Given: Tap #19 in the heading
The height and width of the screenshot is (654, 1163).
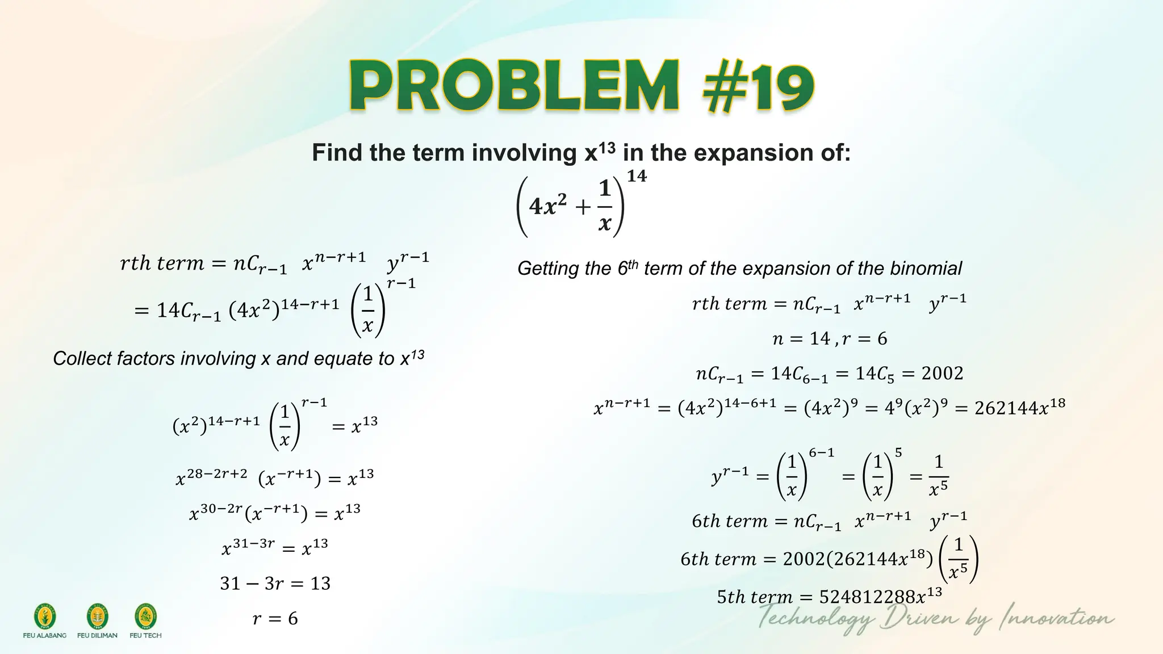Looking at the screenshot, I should tap(758, 88).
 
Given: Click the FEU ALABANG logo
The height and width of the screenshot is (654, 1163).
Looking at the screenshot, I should tap(45, 617).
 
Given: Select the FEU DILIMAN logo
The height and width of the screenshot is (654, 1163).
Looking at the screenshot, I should tap(97, 617).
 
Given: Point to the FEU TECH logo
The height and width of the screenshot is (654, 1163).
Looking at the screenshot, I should tap(145, 617).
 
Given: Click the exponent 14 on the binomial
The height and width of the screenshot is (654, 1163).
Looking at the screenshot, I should tap(637, 176).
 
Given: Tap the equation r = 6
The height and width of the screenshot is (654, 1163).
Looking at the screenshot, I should tap(275, 618).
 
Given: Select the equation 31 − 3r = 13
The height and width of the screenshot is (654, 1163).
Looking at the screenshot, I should tap(275, 583).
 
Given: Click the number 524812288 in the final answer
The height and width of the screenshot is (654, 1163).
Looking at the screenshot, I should tap(867, 597).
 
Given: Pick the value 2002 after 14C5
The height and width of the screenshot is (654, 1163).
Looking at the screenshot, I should tap(942, 374).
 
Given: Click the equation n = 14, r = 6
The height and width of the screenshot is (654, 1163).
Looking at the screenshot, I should tap(830, 339).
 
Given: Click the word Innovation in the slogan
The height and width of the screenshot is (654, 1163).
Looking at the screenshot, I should tap(1056, 618).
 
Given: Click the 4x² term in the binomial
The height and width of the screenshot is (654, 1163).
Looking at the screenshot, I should tap(548, 206).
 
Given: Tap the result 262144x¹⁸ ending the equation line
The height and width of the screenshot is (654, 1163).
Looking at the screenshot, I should tap(1019, 408).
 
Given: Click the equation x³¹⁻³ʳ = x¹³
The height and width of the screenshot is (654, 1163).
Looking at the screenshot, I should tap(275, 548).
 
